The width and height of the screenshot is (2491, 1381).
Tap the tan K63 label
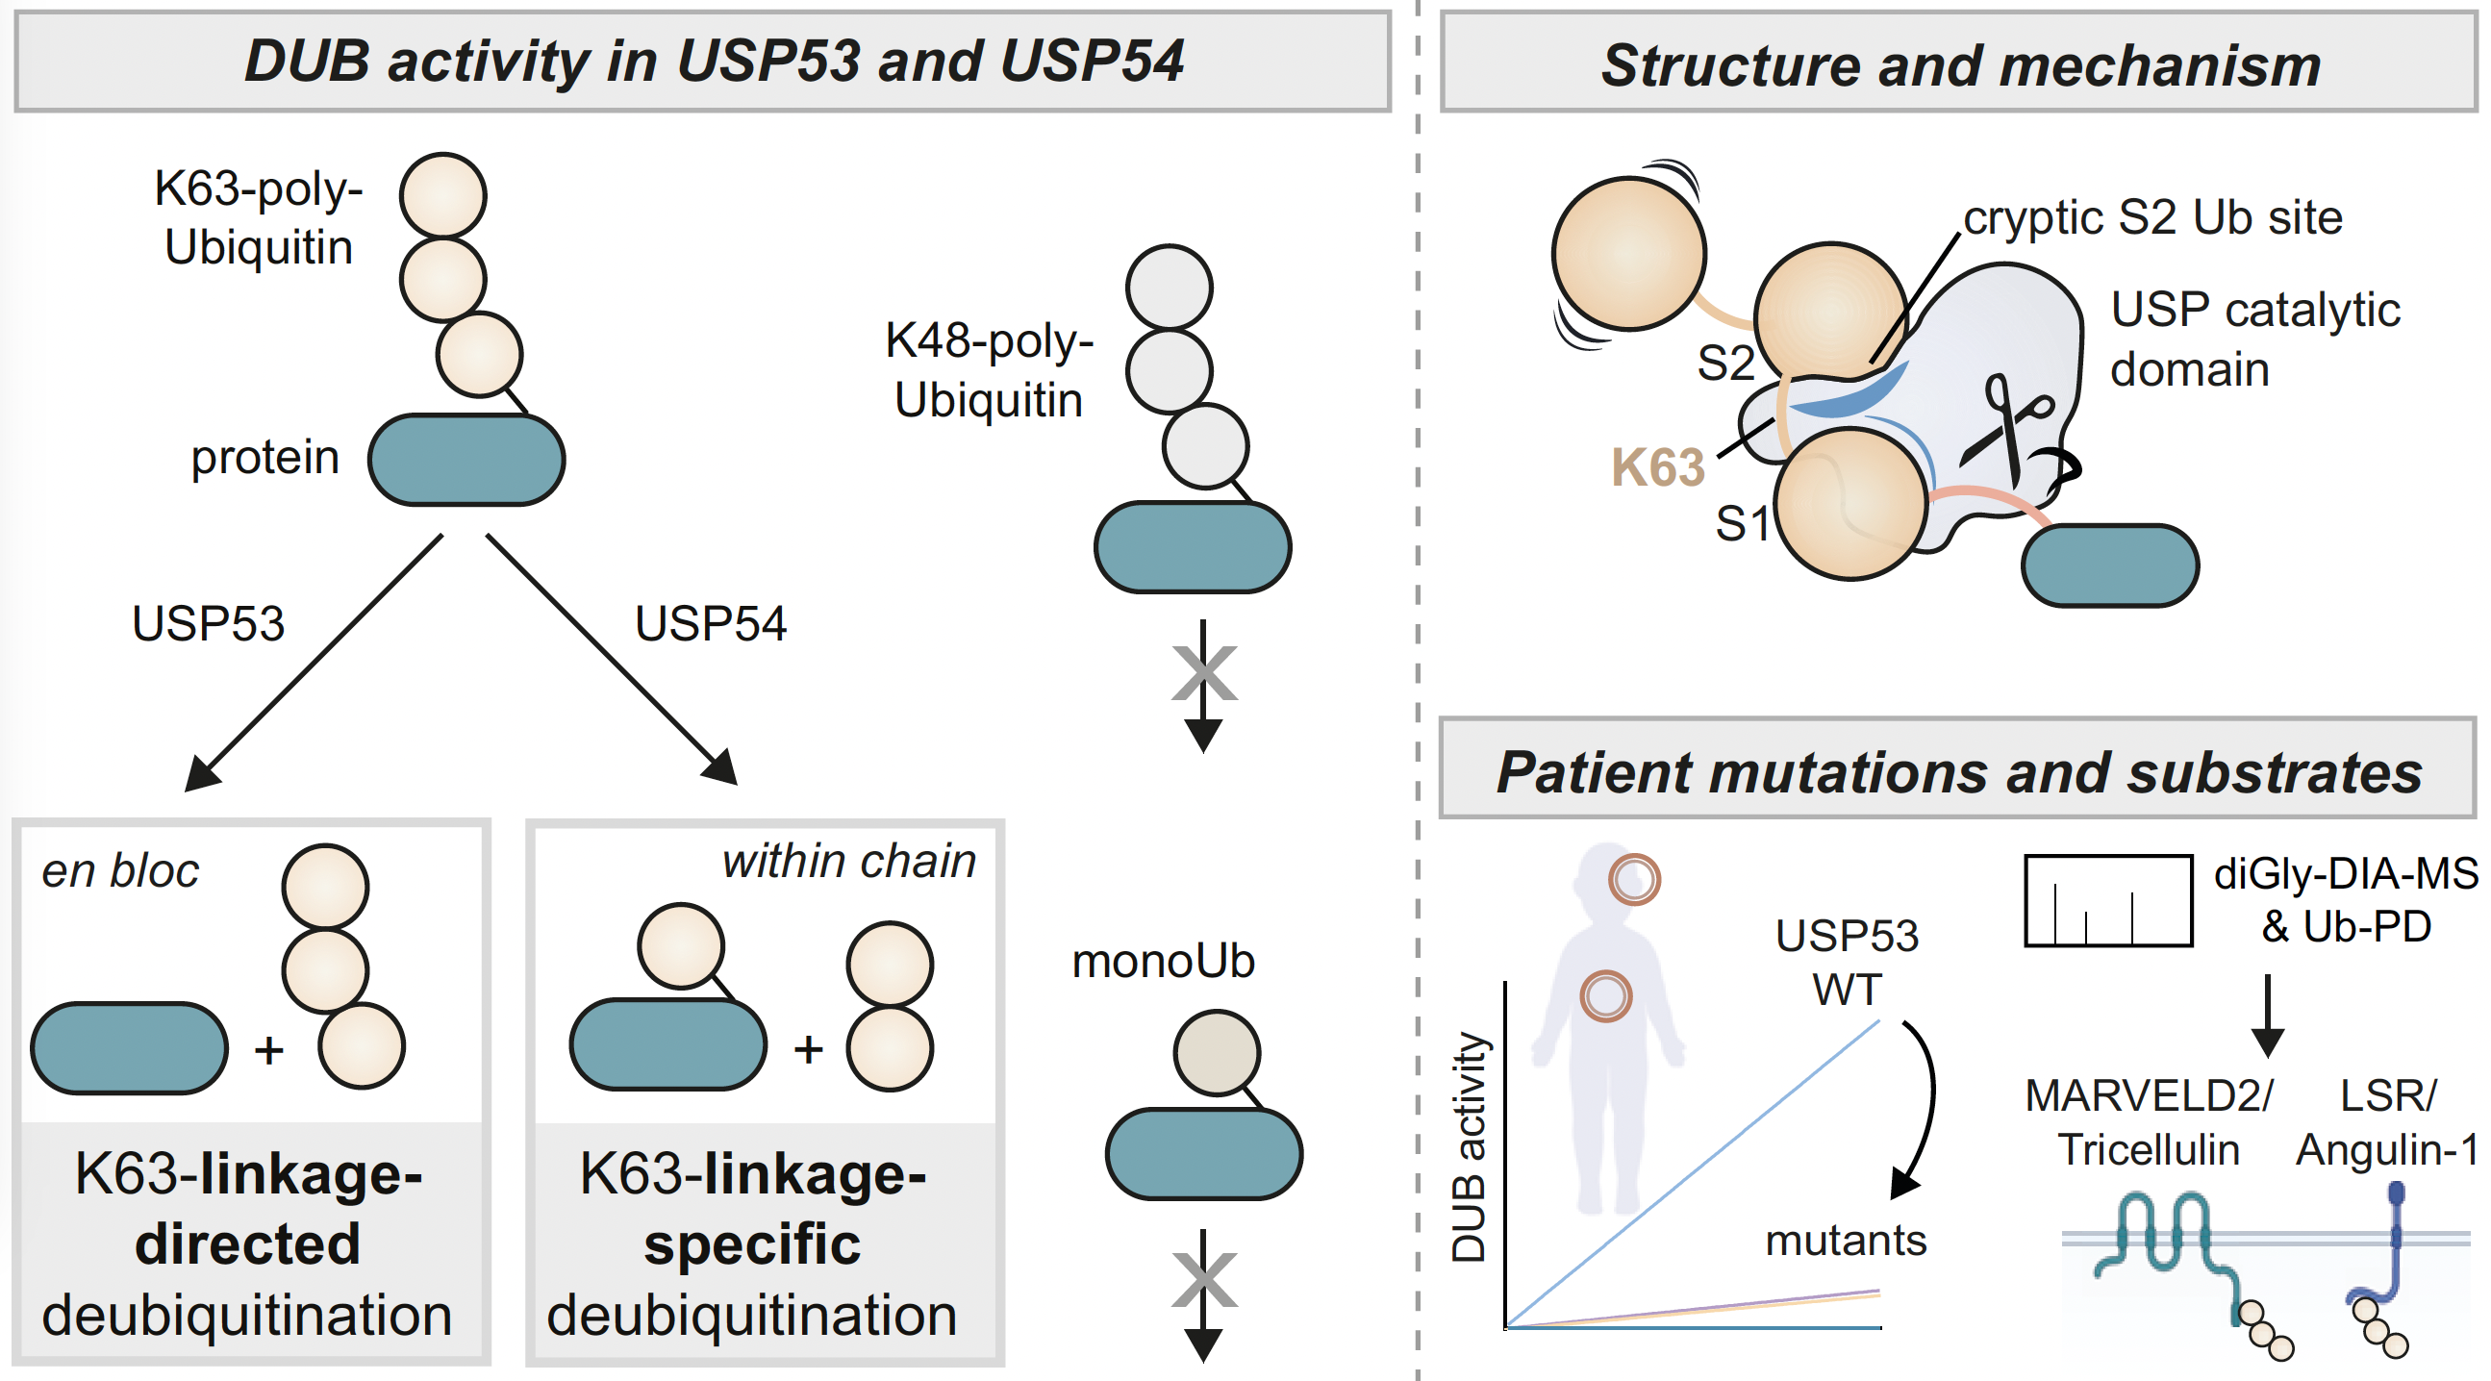tap(1657, 468)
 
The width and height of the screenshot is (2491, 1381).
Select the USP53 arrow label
tap(208, 624)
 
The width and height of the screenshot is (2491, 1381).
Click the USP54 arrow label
tap(711, 624)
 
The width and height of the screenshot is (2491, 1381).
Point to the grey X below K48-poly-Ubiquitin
tap(1204, 673)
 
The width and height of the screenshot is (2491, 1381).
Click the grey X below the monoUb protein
tap(1204, 1279)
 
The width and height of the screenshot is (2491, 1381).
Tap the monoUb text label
tap(1164, 963)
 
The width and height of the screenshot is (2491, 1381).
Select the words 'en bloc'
tap(120, 871)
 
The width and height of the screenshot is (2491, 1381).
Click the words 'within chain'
tap(849, 862)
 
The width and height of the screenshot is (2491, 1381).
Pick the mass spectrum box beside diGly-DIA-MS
tap(2108, 900)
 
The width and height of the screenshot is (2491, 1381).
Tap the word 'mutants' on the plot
tap(1845, 1241)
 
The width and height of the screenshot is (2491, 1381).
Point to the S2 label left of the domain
tap(1726, 364)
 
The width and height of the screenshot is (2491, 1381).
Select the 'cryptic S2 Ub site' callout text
tap(2152, 217)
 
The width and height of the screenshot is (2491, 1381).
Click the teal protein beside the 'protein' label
tap(467, 461)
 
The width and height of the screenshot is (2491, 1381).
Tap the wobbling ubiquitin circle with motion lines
tap(1629, 253)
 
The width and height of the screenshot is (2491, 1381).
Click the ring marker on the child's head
tap(1634, 879)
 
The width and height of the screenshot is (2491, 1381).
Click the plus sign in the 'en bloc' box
tap(269, 1050)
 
